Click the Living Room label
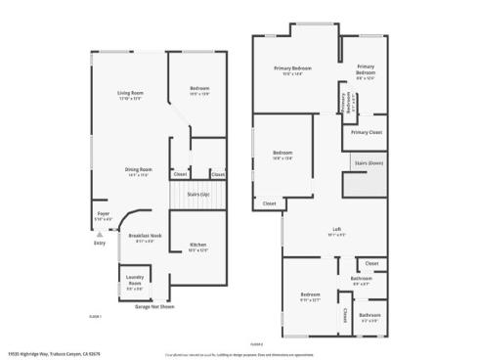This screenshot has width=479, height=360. click(x=130, y=94)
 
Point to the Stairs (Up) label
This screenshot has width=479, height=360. click(x=198, y=195)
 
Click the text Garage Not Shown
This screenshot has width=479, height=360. click(x=154, y=306)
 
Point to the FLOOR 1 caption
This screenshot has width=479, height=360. click(x=96, y=315)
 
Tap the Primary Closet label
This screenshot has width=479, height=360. click(x=366, y=131)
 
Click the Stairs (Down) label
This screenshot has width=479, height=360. click(x=369, y=162)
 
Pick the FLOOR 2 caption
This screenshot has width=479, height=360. click(x=257, y=343)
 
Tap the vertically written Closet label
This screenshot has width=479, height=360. click(x=345, y=314)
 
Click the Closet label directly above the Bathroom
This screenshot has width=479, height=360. click(x=371, y=263)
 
